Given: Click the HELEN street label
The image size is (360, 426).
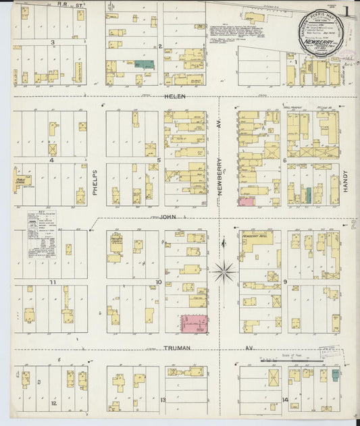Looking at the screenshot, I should point(174,96).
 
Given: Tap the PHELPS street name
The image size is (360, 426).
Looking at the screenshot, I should point(96,183).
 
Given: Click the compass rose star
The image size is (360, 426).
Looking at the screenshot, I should point(224,272).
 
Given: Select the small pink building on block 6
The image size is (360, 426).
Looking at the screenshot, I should point(247,201).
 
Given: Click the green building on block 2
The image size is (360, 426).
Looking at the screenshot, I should point(144,64).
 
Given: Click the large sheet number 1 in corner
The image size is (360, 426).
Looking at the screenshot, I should point(346,11).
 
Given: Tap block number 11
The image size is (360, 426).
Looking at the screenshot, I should point(51,281).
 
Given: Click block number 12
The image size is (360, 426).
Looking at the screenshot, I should point(53,403).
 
